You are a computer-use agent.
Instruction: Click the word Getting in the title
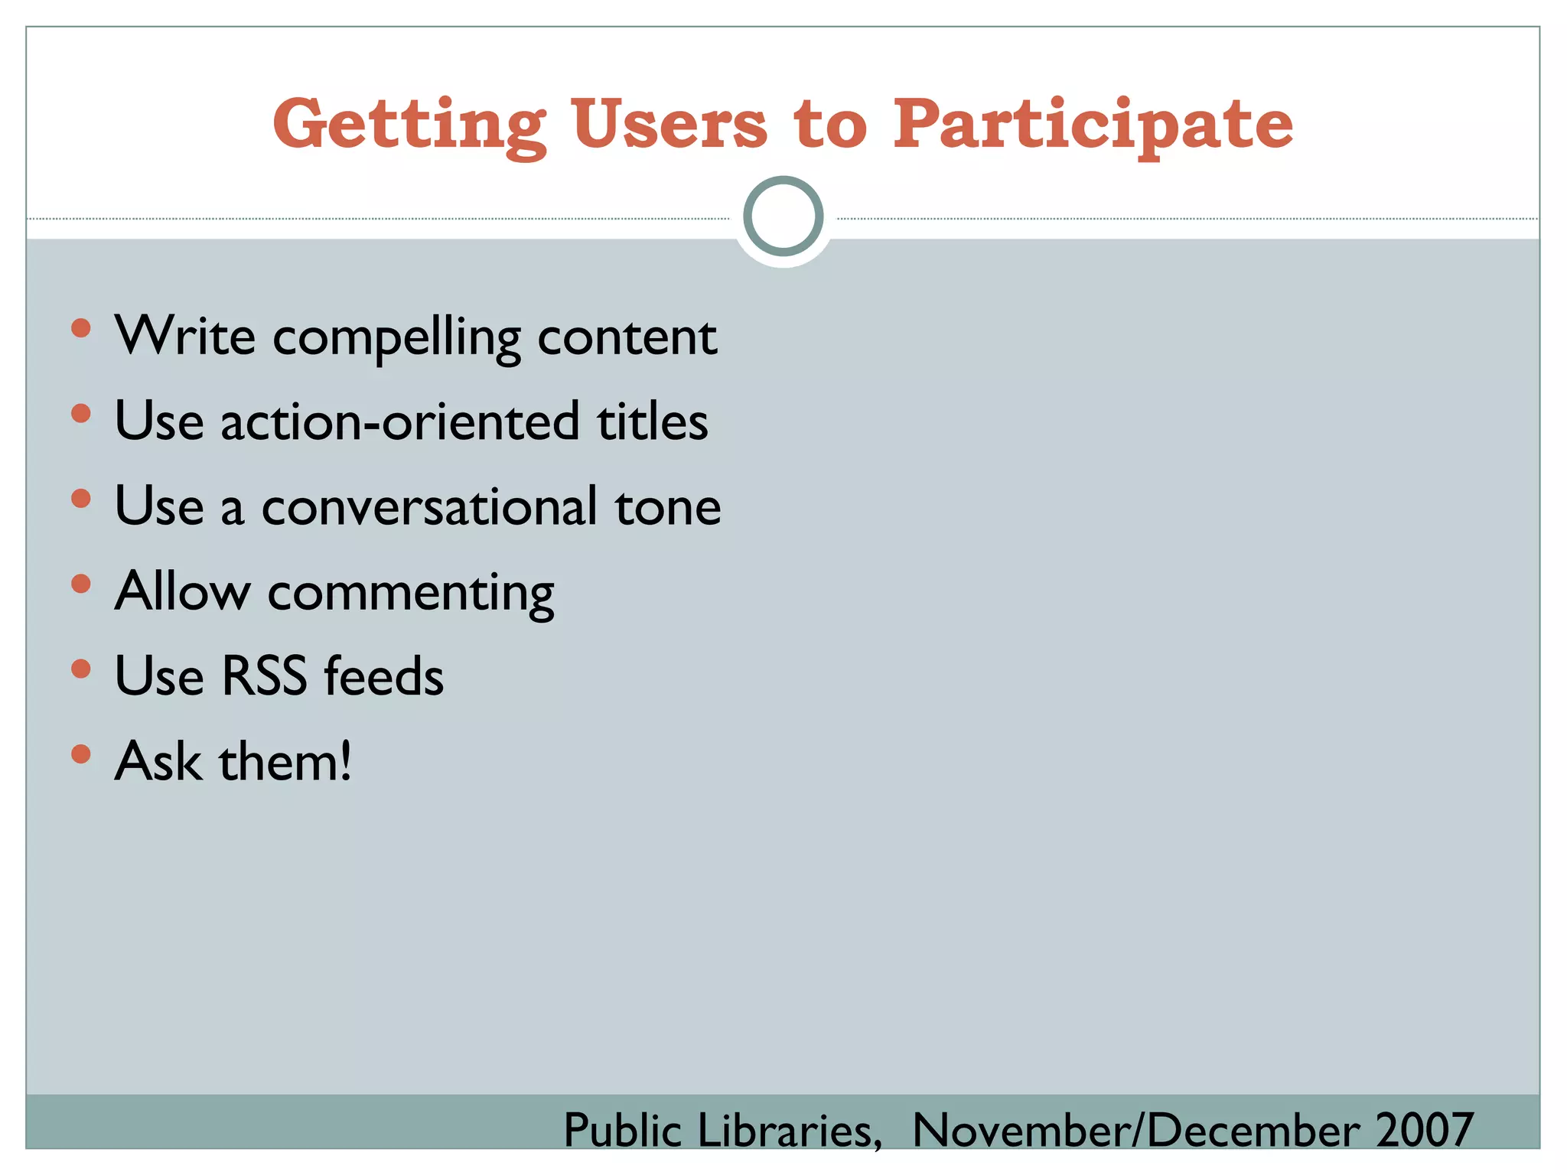click(x=409, y=125)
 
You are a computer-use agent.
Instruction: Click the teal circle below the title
click(x=783, y=216)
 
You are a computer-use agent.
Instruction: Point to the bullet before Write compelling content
click(x=80, y=329)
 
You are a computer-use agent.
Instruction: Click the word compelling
click(x=396, y=337)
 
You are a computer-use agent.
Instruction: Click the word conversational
click(x=428, y=506)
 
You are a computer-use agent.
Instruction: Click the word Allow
click(x=182, y=591)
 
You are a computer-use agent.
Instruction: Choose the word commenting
click(x=411, y=594)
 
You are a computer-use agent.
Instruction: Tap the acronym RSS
click(x=264, y=676)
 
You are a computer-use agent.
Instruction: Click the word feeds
click(x=383, y=676)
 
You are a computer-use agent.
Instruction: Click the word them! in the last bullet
click(x=285, y=762)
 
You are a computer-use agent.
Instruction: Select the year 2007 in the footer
click(x=1425, y=1130)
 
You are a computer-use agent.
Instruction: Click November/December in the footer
click(x=1135, y=1130)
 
